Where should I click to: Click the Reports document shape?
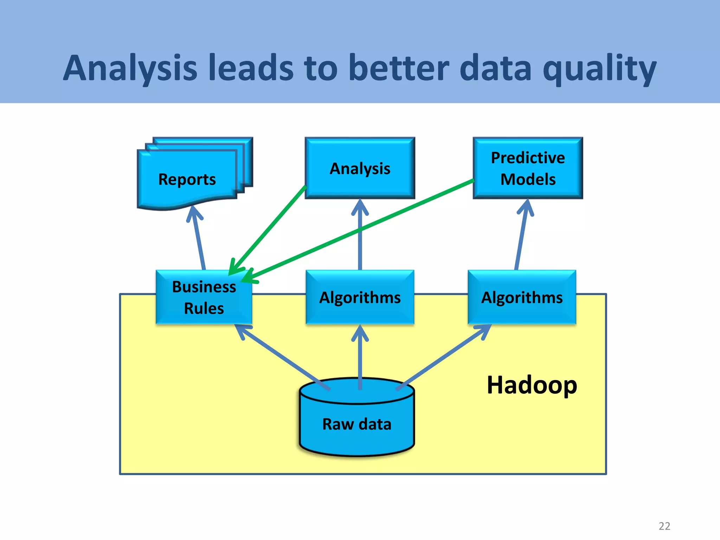(x=187, y=179)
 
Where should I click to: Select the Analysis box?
(x=360, y=168)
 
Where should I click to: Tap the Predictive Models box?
(x=528, y=168)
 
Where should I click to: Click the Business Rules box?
(x=204, y=297)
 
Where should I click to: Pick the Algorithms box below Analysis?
(x=360, y=297)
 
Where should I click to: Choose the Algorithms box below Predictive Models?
(x=522, y=297)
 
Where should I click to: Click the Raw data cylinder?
(x=357, y=424)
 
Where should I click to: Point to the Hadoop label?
(x=532, y=385)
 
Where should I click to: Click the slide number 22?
(x=664, y=526)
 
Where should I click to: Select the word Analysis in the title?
(x=130, y=68)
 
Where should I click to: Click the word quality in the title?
(x=599, y=68)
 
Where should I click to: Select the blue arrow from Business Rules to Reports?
(x=198, y=239)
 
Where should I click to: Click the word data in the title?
(x=495, y=68)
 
